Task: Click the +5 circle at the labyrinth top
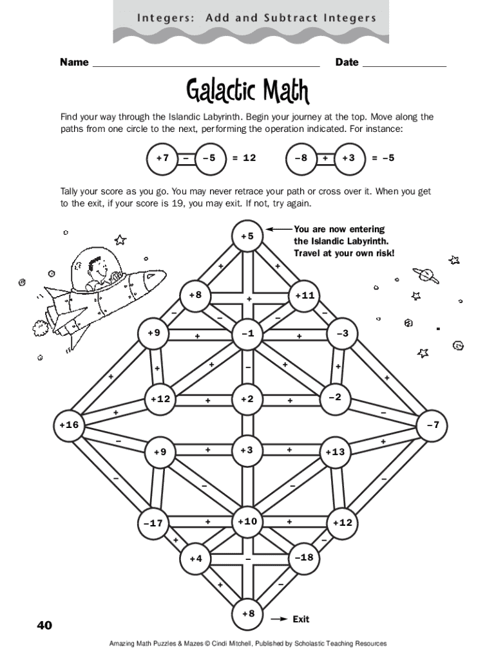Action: click(x=248, y=236)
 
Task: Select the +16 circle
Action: click(x=68, y=425)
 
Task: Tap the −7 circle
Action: click(x=432, y=425)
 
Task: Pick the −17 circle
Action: click(x=153, y=523)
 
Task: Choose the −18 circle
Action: click(x=303, y=557)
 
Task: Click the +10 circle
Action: click(x=248, y=521)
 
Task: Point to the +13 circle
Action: click(x=335, y=452)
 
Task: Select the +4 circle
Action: click(x=196, y=559)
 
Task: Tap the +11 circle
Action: click(x=304, y=295)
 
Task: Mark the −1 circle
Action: click(x=248, y=333)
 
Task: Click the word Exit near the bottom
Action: click(x=301, y=619)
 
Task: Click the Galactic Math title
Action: click(x=248, y=91)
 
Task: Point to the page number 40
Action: click(x=44, y=625)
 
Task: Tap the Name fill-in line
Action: click(x=206, y=66)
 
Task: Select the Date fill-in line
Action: click(x=405, y=66)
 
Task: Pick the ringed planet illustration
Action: click(x=426, y=275)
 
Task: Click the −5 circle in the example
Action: click(x=209, y=158)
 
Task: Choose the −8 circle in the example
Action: click(x=301, y=158)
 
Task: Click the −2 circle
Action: click(x=335, y=397)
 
